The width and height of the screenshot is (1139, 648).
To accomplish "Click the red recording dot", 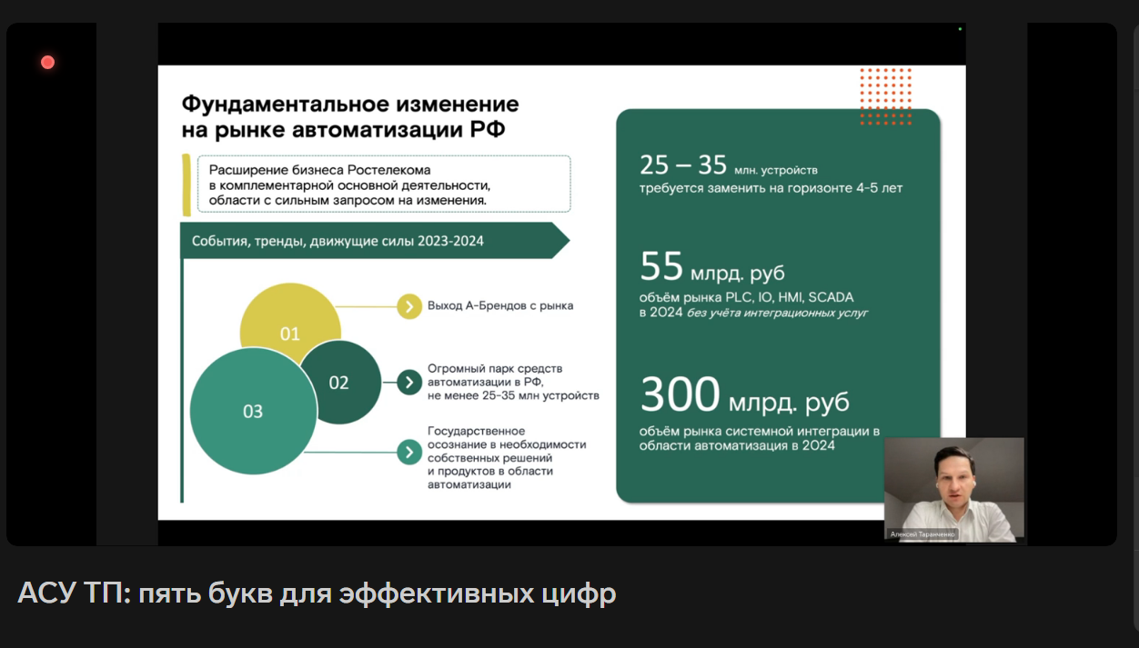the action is click(48, 63).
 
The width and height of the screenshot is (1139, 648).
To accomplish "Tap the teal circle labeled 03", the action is click(253, 412).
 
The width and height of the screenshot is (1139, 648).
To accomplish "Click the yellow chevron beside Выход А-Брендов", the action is click(409, 306).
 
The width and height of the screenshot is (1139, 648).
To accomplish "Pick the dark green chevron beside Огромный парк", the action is click(409, 383).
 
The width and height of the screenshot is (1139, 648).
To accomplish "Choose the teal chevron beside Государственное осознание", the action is click(409, 452).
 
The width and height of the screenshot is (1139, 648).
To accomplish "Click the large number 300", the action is click(680, 394).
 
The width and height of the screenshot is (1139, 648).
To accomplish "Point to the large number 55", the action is click(661, 265).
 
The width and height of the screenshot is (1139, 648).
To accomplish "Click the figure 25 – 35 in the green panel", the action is click(683, 165).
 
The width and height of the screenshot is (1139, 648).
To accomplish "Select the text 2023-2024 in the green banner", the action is click(450, 241).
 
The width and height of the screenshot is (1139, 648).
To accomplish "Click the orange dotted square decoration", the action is click(886, 96).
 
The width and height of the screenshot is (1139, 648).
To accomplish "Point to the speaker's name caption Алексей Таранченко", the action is click(922, 534).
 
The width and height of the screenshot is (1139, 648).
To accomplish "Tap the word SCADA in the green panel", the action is click(831, 297).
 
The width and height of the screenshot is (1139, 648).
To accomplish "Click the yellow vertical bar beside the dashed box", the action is click(186, 184).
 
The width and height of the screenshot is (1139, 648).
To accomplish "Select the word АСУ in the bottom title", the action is click(46, 593).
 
